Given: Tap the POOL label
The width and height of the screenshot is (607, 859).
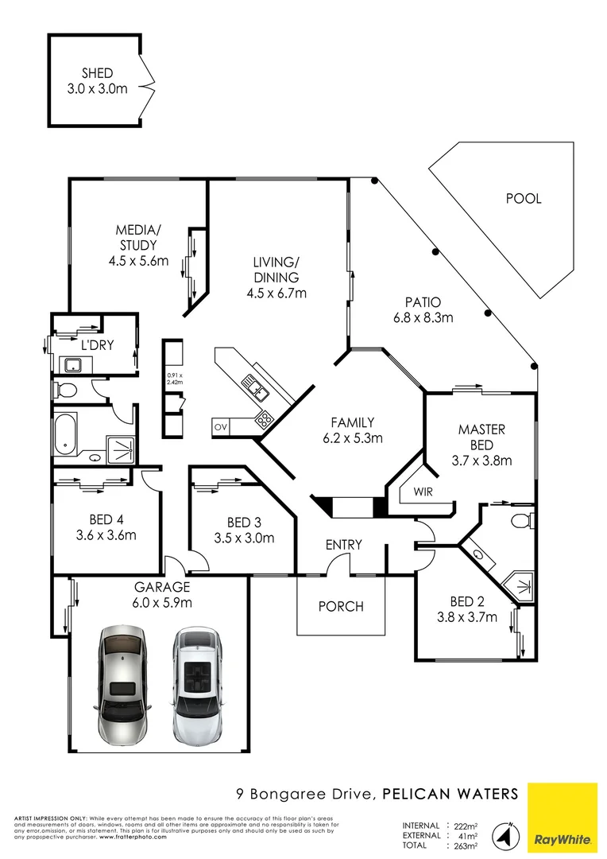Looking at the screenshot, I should click(x=524, y=198).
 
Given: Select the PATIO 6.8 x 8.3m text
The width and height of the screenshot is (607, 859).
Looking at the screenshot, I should click(x=422, y=310).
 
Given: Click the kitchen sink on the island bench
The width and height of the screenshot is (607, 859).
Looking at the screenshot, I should click(x=256, y=388).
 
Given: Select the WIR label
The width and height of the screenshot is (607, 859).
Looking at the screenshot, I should click(x=422, y=492).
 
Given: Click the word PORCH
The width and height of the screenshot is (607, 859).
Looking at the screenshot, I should click(x=341, y=606).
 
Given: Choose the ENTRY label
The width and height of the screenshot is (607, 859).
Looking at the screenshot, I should click(x=344, y=545).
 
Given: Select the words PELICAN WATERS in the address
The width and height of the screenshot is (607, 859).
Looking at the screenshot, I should click(x=450, y=793).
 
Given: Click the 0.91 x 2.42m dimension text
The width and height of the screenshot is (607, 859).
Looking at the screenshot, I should click(x=175, y=378).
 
